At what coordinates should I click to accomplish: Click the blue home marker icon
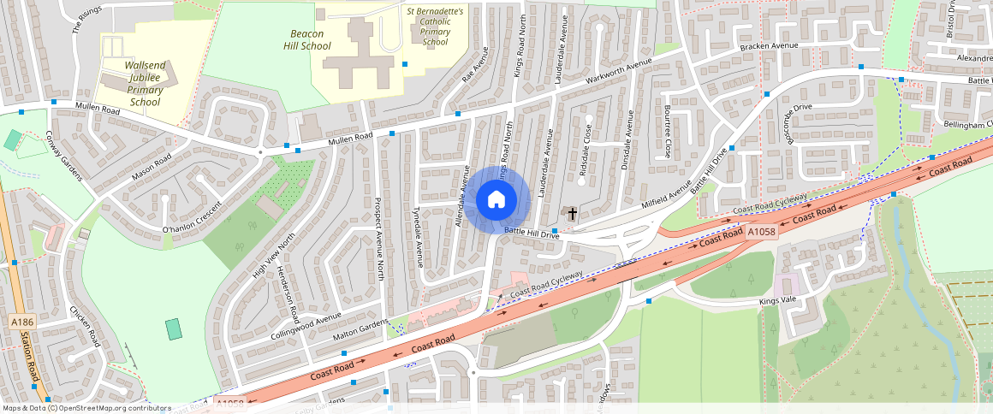pos(495,201)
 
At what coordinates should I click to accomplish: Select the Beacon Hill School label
pos(306,39)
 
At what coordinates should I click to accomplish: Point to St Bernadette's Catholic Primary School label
pos(435,27)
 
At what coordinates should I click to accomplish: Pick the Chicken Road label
pos(85,327)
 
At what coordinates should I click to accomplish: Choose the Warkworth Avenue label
pos(625,74)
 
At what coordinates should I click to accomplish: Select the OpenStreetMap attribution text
pos(86,408)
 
